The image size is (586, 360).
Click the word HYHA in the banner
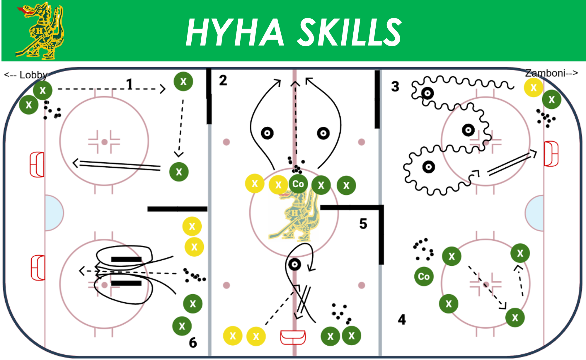pos(235,32)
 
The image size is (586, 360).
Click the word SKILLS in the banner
pos(350,32)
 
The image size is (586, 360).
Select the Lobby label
pos(26,75)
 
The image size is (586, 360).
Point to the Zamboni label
pos(551,73)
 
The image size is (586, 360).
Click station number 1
pos(130,84)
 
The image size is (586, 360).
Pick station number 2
pos(223,80)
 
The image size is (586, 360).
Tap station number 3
pos(395,86)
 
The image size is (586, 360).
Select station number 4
pos(402,320)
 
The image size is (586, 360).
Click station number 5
pos(363,224)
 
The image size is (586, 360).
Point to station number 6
pos(193,342)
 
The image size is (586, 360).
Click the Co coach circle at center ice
pos(298,184)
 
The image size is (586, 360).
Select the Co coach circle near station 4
pos(424,276)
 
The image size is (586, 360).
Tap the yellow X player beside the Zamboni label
pos(534,87)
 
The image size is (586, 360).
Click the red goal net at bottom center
pos(293,337)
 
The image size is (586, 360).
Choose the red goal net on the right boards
pos(551,154)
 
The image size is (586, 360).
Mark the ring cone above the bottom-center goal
pos(294,264)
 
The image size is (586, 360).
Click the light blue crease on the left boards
pos(54,213)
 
